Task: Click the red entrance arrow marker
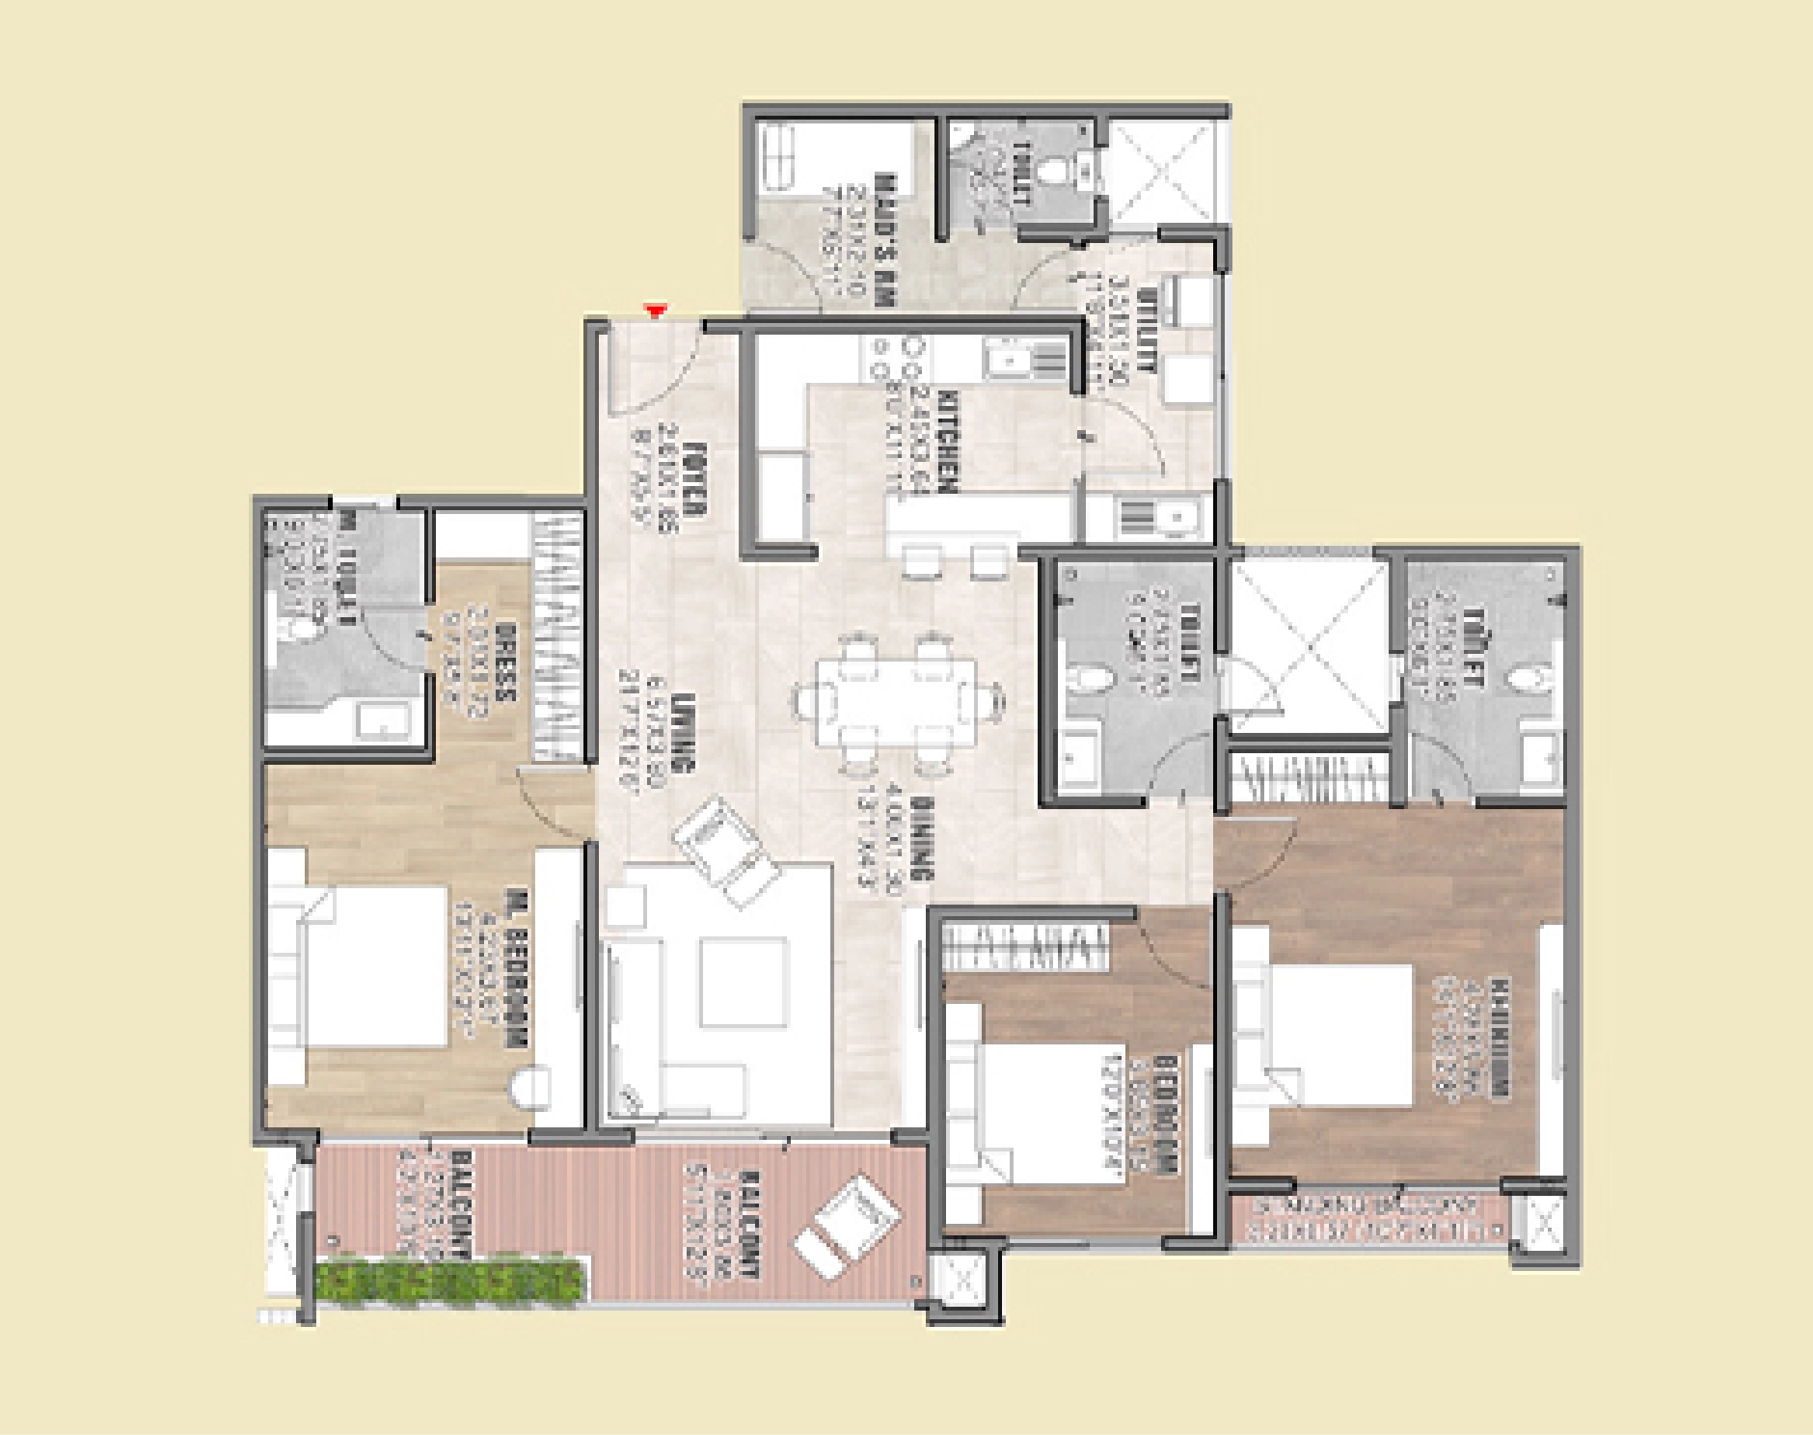point(657,311)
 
